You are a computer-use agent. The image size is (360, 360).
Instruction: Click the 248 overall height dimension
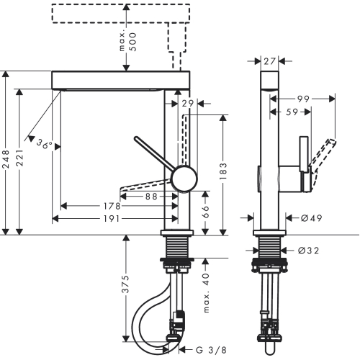pos(6,159)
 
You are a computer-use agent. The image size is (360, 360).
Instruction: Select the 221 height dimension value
pos(19,158)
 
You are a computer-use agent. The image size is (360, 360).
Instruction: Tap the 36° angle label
pos(45,144)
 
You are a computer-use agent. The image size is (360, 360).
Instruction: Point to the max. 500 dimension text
pos(128,42)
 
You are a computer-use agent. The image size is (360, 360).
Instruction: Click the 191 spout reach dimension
pos(112,219)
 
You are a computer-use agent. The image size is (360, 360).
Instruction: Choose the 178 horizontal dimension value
pos(112,206)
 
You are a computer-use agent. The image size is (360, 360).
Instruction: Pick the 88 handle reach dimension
pos(151,197)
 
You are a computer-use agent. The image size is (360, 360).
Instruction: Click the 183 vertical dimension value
pos(223,171)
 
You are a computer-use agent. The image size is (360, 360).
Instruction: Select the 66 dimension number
pos(205,212)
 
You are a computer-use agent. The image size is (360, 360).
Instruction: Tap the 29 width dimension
pos(188,104)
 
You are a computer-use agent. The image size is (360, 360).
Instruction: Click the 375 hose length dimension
pos(125,284)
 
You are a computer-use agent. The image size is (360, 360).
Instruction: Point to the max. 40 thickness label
pos(206,293)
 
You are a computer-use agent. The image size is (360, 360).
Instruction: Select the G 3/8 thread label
pos(211,350)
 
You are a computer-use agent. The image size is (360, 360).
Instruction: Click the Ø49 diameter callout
pos(311,218)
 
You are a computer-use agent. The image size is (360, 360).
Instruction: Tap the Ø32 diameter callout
pos(308,251)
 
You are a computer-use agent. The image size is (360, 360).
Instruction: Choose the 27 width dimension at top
pos(269,61)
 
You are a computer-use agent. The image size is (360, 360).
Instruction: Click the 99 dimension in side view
pos(303,99)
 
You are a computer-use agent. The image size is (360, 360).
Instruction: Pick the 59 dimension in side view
pos(292,112)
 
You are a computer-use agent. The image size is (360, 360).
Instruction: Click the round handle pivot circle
pos(185,179)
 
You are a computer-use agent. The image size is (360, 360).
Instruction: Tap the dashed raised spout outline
pos(121,14)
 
